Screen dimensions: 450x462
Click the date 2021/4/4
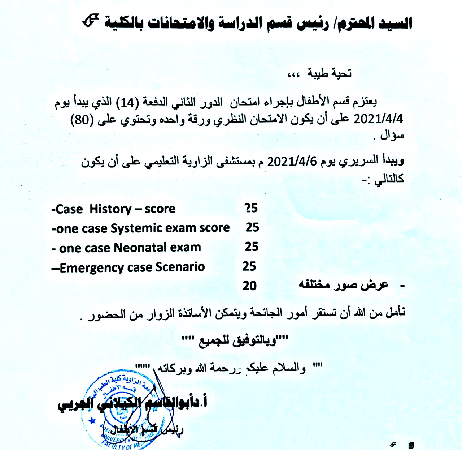pos(378,119)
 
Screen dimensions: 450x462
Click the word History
pos(110,209)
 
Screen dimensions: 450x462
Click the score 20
pos(249,286)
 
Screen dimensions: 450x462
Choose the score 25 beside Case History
pos(251,208)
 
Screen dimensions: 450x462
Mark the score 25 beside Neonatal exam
pos(252,247)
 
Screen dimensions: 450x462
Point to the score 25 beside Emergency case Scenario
pos(249,266)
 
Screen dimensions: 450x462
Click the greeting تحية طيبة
pos(329,73)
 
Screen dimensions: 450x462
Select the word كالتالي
pos(389,179)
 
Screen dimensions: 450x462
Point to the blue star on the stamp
pos(92,420)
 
